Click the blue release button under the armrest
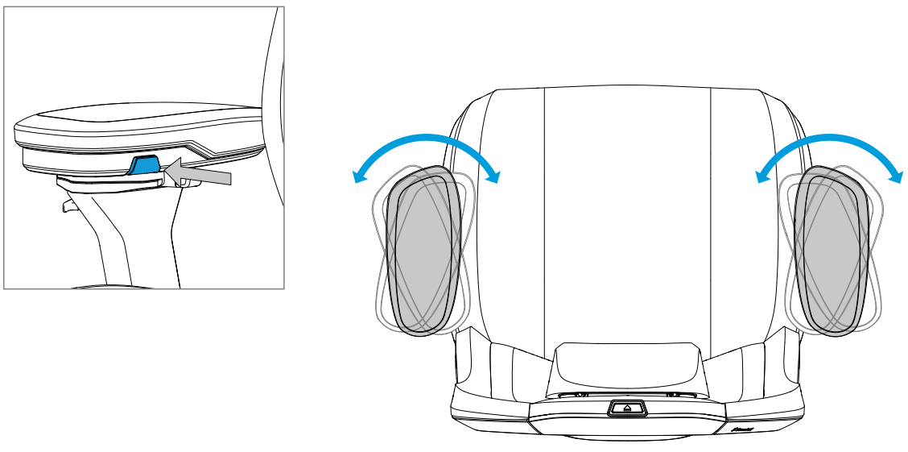(x=145, y=165)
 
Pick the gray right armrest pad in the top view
(x=832, y=250)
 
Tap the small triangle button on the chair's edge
(x=627, y=408)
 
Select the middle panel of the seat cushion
(x=628, y=209)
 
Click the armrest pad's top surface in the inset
(x=137, y=119)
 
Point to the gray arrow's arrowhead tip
(x=164, y=168)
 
